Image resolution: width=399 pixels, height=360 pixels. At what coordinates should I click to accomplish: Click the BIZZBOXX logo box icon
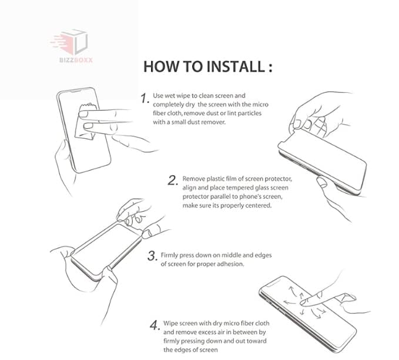(x=70, y=42)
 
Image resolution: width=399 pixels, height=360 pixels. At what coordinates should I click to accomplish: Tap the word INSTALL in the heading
(x=236, y=66)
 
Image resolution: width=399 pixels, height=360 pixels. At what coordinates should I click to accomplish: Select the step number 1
(x=145, y=98)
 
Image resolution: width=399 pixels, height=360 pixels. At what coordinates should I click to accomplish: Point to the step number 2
(x=173, y=180)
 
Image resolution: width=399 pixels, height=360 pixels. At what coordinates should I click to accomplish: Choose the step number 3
(x=152, y=256)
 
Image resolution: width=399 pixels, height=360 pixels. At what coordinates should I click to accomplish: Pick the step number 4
(x=155, y=325)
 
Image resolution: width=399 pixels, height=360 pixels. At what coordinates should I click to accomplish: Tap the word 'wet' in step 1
(x=170, y=96)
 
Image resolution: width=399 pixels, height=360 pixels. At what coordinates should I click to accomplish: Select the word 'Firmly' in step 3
(x=169, y=255)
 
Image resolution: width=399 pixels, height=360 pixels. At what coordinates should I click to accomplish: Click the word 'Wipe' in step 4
(x=170, y=324)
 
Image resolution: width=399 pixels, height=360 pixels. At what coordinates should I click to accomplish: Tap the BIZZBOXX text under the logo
(x=76, y=60)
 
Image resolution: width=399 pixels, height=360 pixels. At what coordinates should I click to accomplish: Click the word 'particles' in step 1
(x=250, y=114)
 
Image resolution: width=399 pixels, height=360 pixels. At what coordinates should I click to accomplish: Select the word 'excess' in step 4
(x=208, y=332)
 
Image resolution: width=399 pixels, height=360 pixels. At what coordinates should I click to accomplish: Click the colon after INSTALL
(x=270, y=68)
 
